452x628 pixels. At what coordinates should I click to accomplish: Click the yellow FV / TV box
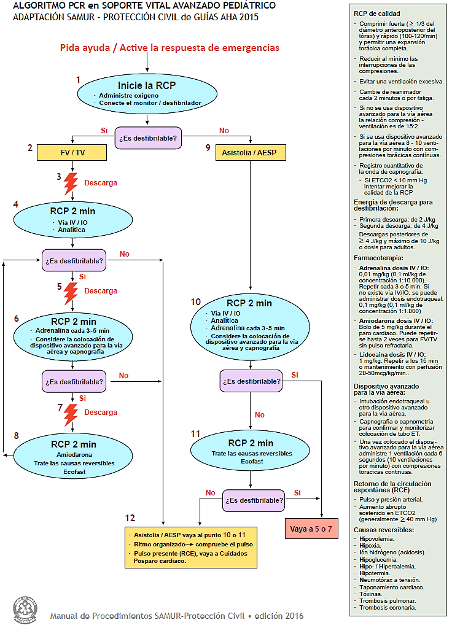point(72,152)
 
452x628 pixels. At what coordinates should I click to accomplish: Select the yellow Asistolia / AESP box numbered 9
point(250,152)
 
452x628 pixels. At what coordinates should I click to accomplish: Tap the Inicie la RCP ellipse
point(147,95)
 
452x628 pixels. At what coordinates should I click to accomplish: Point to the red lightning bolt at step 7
point(71,413)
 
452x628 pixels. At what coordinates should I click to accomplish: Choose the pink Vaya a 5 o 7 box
point(311,529)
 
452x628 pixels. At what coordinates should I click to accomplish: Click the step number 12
point(129,518)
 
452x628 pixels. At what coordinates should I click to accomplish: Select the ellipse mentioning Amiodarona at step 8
point(73,454)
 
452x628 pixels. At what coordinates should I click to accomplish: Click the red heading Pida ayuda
point(169,47)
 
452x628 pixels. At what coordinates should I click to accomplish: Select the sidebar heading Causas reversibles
point(384,530)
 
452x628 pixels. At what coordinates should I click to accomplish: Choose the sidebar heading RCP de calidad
point(377,13)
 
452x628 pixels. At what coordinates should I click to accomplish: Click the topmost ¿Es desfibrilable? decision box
point(147,138)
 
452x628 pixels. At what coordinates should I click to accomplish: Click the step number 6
point(17,319)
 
